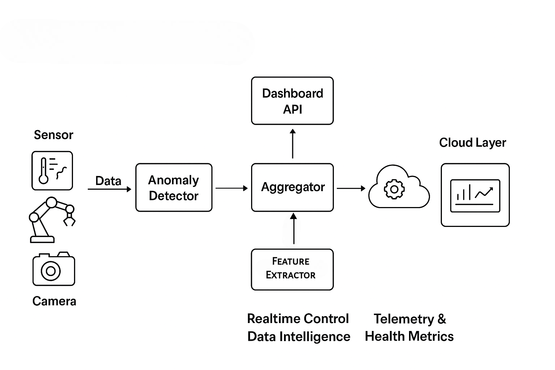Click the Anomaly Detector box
click(x=174, y=188)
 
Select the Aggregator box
click(x=292, y=188)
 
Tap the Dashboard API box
click(x=292, y=101)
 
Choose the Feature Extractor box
click(x=292, y=270)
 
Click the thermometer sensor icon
click(x=52, y=171)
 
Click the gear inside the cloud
click(x=394, y=189)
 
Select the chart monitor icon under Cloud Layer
click(x=475, y=195)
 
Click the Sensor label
click(x=53, y=135)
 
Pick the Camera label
click(x=54, y=301)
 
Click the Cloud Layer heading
click(x=472, y=143)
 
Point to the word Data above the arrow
click(x=108, y=181)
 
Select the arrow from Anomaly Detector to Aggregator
click(x=232, y=188)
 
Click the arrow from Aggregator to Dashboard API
click(x=293, y=143)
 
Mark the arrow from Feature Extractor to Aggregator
click(x=294, y=228)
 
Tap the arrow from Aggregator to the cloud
click(x=351, y=188)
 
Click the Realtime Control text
click(x=298, y=319)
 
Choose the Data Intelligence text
click(x=299, y=337)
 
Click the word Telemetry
click(x=404, y=319)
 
